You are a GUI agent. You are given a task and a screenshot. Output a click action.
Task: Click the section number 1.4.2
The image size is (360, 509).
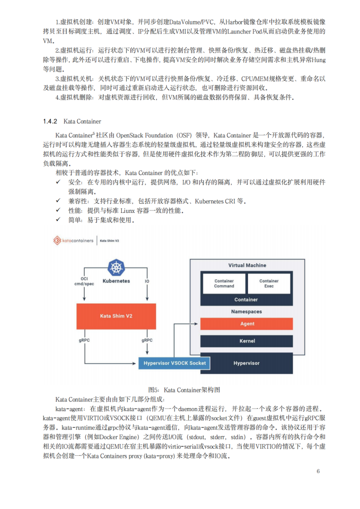coord(50,122)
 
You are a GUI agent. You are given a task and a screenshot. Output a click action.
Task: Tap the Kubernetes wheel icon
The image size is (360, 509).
coord(116,268)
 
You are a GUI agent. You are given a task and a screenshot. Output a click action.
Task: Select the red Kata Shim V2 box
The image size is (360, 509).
coord(116,316)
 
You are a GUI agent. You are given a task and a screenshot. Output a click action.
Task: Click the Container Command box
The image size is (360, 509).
coord(224,283)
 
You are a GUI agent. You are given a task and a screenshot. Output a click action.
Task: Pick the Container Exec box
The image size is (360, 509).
coord(269,283)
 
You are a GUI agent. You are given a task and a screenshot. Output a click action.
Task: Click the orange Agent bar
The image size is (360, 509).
coord(247,323)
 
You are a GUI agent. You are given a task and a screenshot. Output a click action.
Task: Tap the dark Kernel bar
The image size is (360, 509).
coord(247,341)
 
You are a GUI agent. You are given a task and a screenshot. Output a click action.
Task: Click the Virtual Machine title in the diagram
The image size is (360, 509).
coord(247,265)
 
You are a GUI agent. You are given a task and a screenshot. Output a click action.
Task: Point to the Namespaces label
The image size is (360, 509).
coord(247,312)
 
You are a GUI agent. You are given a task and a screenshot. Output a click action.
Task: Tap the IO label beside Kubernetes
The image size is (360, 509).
coord(147,281)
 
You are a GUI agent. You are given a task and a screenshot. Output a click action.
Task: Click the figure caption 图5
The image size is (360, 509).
coord(154,389)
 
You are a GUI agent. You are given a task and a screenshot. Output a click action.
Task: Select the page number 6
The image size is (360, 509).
coord(318,471)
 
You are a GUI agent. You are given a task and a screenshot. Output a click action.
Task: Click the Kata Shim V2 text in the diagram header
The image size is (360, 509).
coord(110,241)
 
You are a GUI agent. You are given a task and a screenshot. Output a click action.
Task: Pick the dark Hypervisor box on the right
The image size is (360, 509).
coord(247,363)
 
